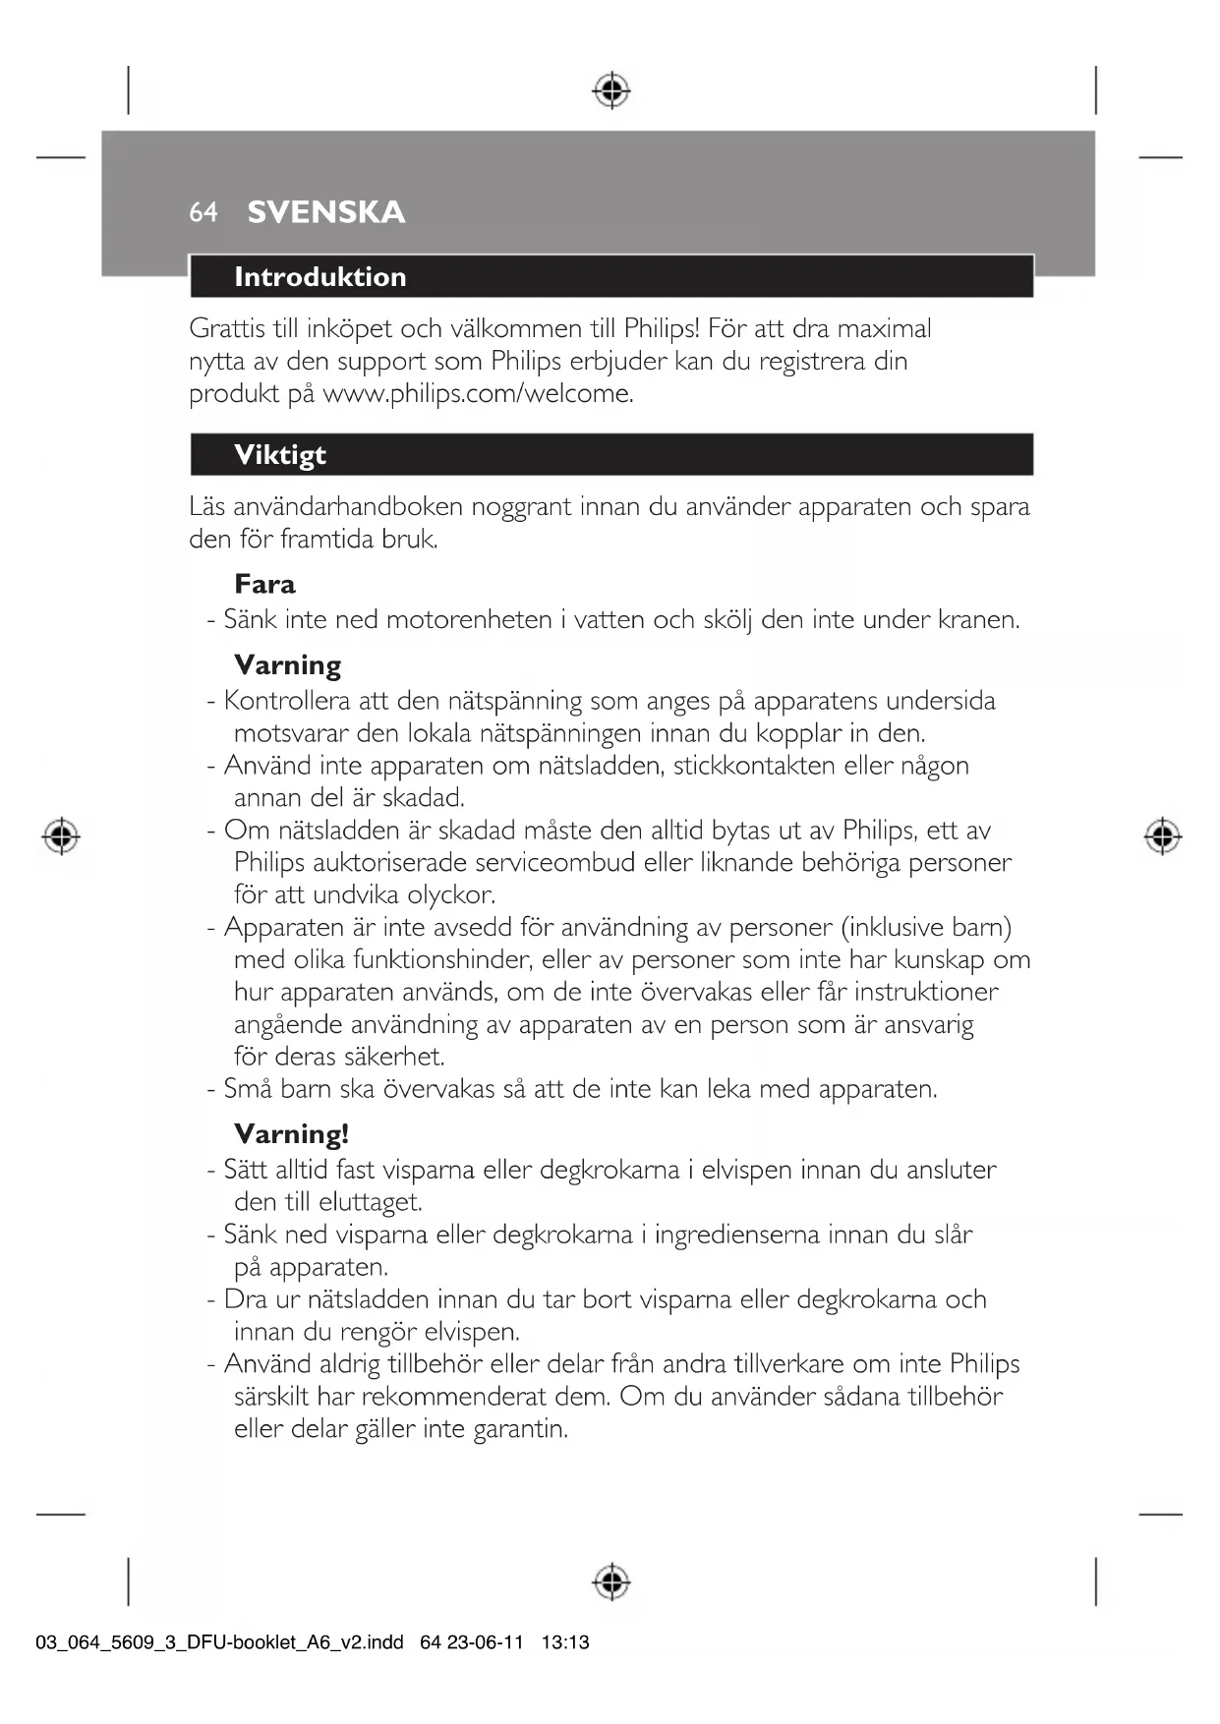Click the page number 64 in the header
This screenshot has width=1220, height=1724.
click(x=203, y=212)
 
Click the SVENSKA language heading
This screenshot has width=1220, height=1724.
click(x=325, y=212)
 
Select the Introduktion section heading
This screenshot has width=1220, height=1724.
click(x=320, y=277)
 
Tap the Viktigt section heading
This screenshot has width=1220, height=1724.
click(x=280, y=455)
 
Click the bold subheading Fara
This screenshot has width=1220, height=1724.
click(x=264, y=584)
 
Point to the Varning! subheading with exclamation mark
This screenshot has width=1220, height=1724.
click(x=291, y=1134)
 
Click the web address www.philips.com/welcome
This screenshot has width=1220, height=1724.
click(x=477, y=393)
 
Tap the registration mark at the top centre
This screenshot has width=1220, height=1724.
click(x=611, y=90)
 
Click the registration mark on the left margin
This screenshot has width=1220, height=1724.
click(x=61, y=835)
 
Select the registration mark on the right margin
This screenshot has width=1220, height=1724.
click(x=1162, y=835)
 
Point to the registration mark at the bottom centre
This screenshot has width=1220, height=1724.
click(x=611, y=1581)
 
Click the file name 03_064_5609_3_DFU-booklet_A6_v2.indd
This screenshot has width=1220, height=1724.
click(x=219, y=1642)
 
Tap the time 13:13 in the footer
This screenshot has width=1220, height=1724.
click(x=565, y=1642)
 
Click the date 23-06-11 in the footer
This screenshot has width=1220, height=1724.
click(x=485, y=1642)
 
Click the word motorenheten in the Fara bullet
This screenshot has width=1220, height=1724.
click(x=468, y=619)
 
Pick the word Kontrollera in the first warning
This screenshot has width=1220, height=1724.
click(x=286, y=701)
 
